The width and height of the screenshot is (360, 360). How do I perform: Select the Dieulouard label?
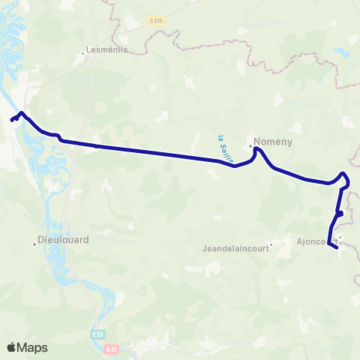[x=63, y=241]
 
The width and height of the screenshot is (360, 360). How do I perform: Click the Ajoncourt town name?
[x=313, y=241]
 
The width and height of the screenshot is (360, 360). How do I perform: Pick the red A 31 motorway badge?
[x=112, y=349]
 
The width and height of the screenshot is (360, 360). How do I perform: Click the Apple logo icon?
[x=11, y=347]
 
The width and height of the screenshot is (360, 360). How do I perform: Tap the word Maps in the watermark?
[x=33, y=348]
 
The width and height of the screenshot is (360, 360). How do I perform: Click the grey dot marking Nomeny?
[x=250, y=145]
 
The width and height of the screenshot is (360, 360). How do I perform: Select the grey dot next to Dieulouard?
[x=35, y=242]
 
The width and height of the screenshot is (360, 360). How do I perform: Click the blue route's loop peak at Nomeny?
[x=256, y=148]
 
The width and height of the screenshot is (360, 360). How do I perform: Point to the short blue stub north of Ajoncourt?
[x=340, y=214]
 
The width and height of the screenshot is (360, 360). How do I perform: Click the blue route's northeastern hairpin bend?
[x=344, y=175]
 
